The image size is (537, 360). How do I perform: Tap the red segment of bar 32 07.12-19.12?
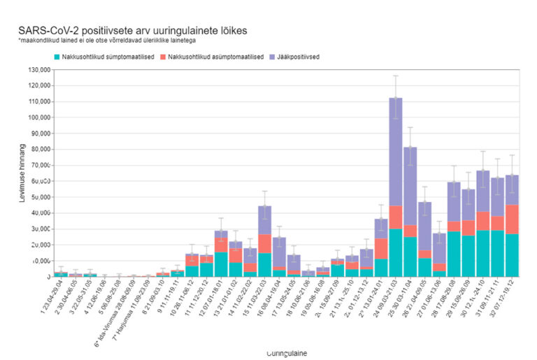[512, 219]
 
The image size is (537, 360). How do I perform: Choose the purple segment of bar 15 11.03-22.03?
[264, 219]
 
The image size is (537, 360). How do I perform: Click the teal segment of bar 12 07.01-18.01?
[221, 264]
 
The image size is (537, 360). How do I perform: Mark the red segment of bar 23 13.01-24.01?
[381, 248]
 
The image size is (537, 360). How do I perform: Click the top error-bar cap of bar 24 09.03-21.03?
[396, 75]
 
